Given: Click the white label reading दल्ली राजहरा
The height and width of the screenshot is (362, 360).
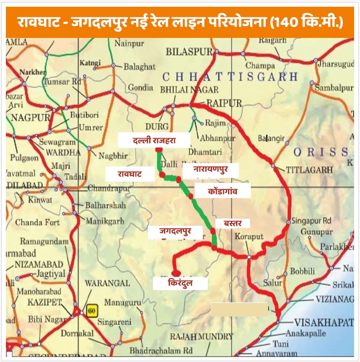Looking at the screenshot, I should click(153, 141).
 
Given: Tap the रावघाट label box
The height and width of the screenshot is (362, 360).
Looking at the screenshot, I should click(130, 174).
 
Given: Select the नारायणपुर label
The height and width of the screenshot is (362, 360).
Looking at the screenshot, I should click(210, 170).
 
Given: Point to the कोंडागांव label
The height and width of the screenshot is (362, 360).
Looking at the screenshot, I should click(223, 191).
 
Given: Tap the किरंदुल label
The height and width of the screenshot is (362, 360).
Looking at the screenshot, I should click(180, 283).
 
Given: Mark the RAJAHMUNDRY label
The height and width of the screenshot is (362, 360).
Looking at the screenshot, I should click(201, 336).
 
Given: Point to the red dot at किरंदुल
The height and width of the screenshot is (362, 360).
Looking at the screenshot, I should click(176, 273).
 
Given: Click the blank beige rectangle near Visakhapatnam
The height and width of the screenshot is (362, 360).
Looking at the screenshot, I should click(239, 309).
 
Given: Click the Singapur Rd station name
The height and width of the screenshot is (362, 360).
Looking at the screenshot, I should click(312, 221).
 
